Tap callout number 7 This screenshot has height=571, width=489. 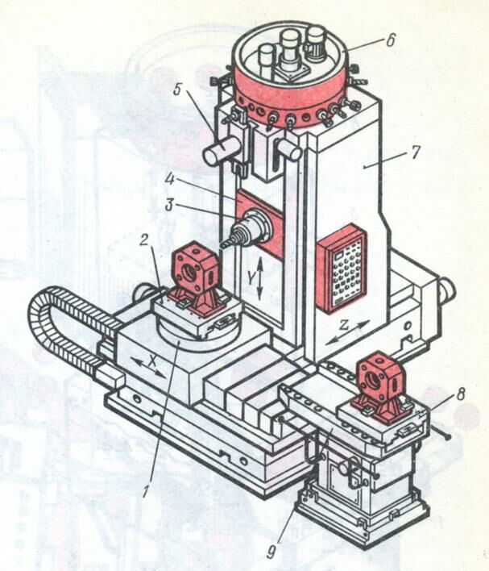tap(413, 152)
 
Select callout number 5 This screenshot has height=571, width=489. tap(177, 90)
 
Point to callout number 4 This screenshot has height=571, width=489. tap(169, 179)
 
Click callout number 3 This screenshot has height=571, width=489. tap(169, 205)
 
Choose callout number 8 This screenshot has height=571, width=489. tap(461, 394)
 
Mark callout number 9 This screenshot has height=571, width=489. tap(271, 552)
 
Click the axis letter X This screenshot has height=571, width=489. tap(153, 361)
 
